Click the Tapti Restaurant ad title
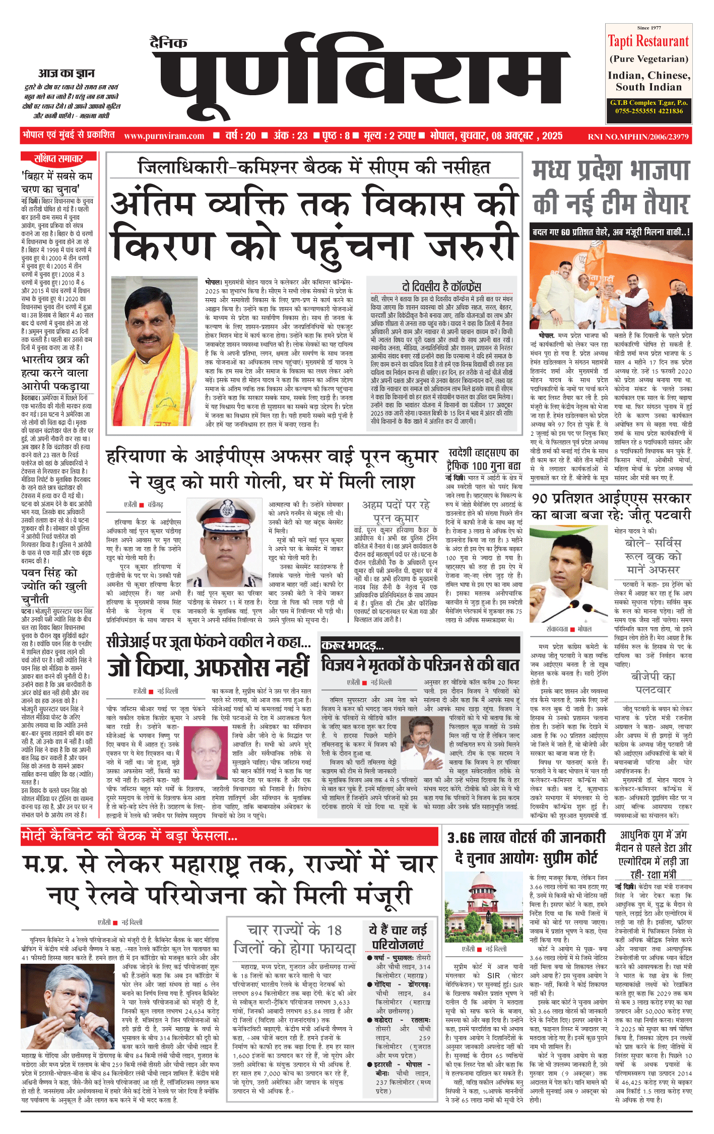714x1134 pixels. [648, 41]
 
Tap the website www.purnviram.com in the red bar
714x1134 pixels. [164, 136]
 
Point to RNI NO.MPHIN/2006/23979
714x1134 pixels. [638, 137]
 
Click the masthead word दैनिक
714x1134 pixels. [168, 43]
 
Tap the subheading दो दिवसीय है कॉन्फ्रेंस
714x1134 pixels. [441, 287]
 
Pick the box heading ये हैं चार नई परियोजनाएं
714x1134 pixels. [398, 936]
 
